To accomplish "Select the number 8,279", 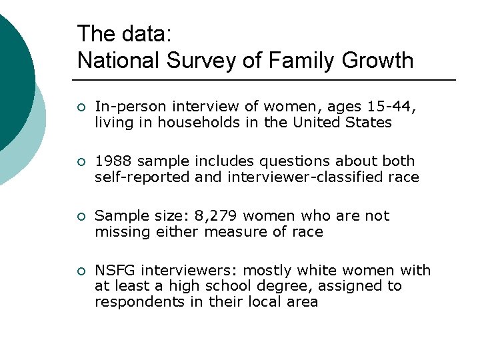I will (215, 216).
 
